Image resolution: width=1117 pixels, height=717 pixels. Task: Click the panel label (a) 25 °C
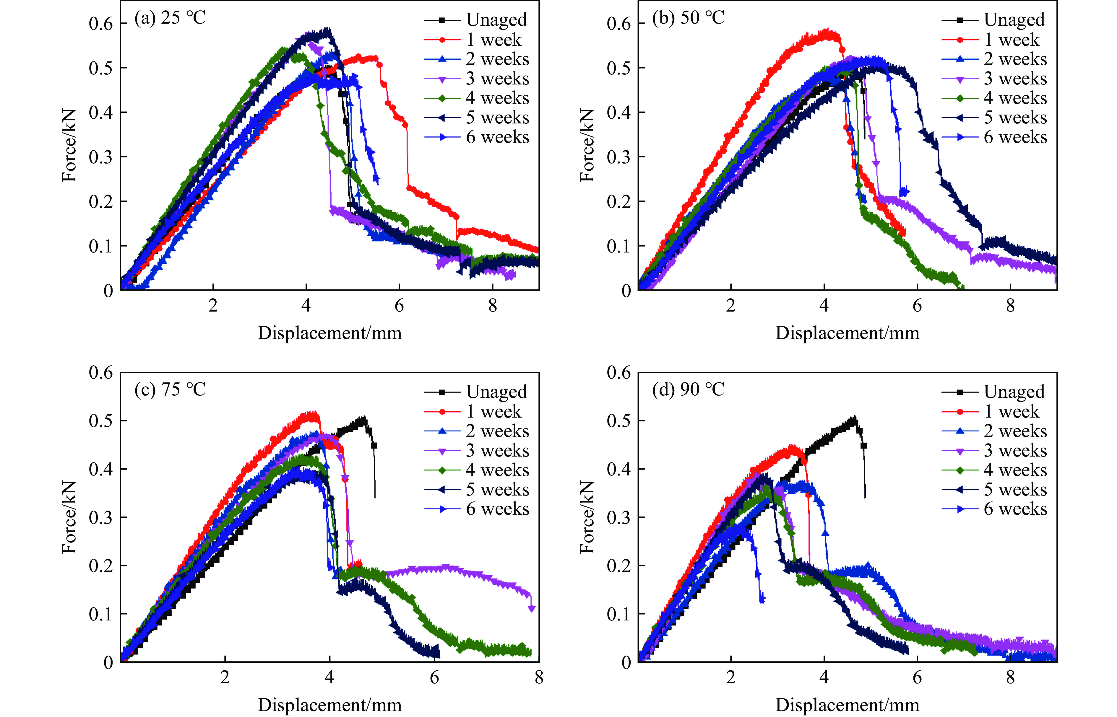[x=170, y=18]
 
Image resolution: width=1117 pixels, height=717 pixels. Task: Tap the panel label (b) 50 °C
[x=688, y=18]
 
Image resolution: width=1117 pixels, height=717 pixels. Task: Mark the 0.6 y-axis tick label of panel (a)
[x=101, y=23]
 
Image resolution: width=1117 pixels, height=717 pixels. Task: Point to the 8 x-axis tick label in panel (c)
[x=539, y=677]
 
